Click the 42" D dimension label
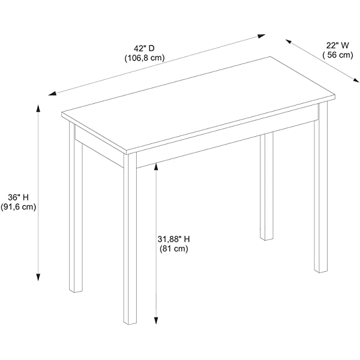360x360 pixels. [144, 49]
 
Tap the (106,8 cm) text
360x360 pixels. [145, 58]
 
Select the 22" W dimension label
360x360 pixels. [337, 46]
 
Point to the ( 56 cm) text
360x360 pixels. [338, 55]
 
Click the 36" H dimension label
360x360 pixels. [19, 197]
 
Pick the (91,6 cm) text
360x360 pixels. [19, 207]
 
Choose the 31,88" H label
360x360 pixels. [173, 239]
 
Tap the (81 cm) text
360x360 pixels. [174, 248]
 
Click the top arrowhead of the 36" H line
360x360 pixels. [38, 108]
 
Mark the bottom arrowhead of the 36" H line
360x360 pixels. [38, 277]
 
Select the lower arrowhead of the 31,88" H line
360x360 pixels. [156, 320]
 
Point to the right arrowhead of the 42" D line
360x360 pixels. [262, 36]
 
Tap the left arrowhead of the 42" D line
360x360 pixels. [52, 93]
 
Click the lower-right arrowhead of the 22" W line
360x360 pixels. [356, 80]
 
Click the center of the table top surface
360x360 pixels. [199, 104]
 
